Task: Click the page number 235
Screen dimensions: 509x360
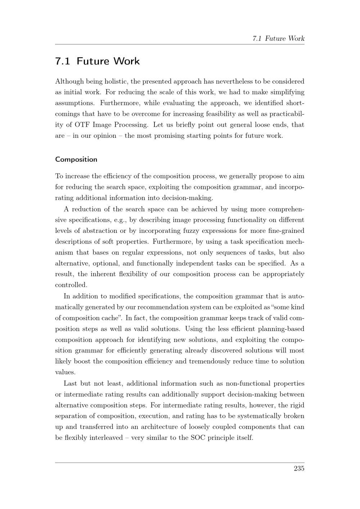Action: pyautogui.click(x=299, y=468)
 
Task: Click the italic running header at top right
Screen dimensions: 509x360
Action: pyautogui.click(x=278, y=39)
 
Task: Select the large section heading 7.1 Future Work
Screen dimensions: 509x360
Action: pyautogui.click(x=97, y=61)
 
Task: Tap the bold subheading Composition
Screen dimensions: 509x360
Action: pyautogui.click(x=76, y=159)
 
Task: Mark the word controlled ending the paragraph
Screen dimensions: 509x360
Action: pyautogui.click(x=71, y=285)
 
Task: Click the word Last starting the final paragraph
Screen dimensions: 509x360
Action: pyautogui.click(x=70, y=383)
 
